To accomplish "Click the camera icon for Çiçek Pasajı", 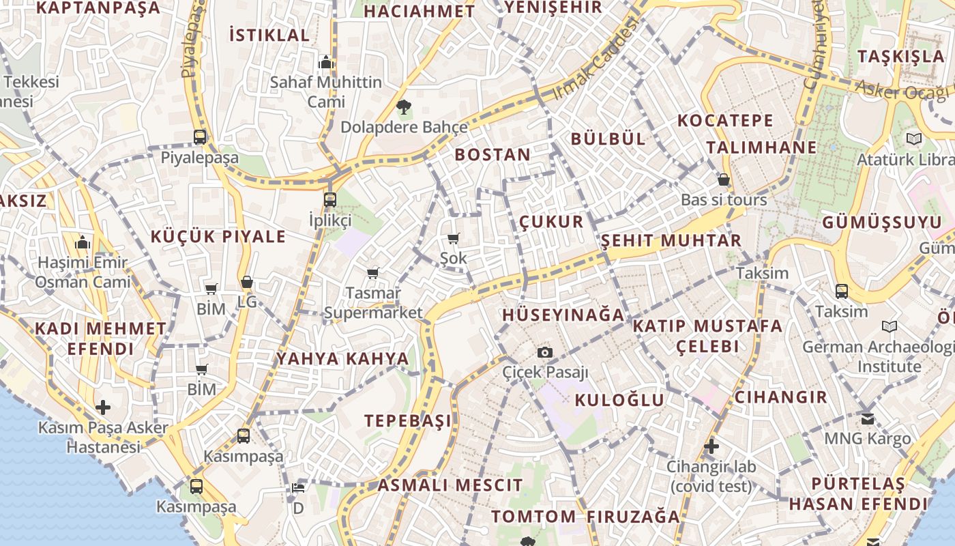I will [544, 352].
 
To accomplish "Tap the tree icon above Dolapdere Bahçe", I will [403, 106].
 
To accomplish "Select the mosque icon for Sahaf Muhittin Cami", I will [325, 63].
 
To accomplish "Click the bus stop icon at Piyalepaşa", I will [199, 136].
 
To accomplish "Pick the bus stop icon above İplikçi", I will [330, 199].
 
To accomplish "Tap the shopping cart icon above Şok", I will [453, 238].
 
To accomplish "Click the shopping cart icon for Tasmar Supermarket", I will [372, 273].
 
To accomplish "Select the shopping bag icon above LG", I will [247, 282].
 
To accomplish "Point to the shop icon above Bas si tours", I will [724, 180].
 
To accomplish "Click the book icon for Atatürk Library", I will [913, 139].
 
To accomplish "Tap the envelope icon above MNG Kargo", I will [867, 418].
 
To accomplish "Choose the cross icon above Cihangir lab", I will [711, 446].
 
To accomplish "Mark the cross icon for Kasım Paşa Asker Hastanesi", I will [103, 407].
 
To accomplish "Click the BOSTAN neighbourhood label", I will [493, 155].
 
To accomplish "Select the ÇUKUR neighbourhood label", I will [551, 222].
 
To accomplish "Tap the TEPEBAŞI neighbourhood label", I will [407, 420].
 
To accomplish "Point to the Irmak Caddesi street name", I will [598, 60].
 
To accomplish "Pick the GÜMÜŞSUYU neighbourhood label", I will [881, 222].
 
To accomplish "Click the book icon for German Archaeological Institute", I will [889, 326].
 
